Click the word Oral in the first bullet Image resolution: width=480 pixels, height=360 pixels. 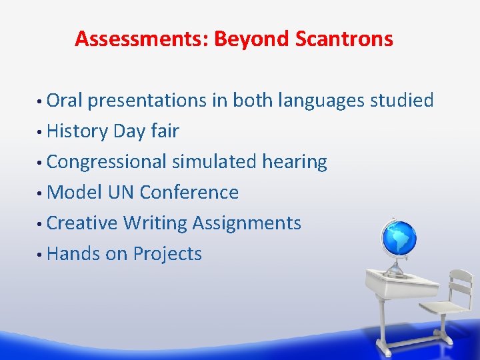[65, 101]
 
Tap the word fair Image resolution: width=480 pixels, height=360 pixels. [165, 131]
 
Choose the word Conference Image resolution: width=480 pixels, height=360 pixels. [189, 193]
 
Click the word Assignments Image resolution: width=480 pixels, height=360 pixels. [247, 223]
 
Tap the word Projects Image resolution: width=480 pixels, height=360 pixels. [167, 254]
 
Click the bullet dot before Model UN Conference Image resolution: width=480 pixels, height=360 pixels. [41, 194]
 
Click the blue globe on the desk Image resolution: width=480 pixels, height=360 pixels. [398, 238]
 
